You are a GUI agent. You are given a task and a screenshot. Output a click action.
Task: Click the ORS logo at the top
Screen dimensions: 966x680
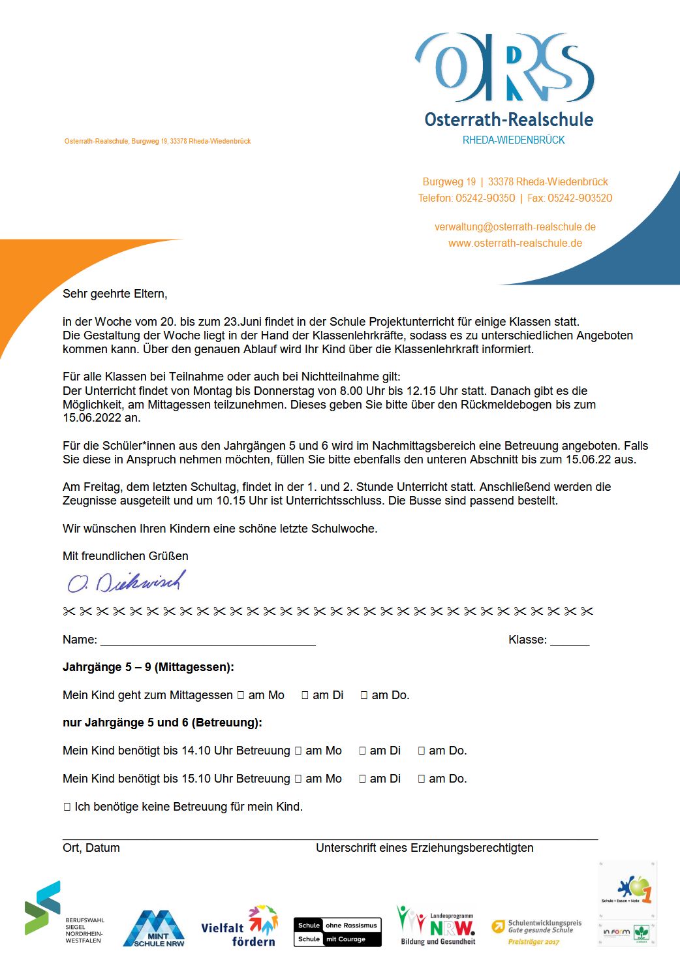point(504,69)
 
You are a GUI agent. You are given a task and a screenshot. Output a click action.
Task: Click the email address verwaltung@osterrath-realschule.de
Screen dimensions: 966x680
point(515,227)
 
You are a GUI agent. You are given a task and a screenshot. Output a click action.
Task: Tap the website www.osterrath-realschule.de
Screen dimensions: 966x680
point(515,243)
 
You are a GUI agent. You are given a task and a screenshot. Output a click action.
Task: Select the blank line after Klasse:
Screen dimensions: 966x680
point(569,640)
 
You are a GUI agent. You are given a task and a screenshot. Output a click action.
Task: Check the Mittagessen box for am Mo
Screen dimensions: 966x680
point(241,696)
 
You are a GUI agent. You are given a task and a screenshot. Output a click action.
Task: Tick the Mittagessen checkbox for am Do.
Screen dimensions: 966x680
point(364,696)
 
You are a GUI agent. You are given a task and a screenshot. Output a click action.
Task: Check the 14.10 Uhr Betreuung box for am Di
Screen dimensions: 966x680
point(362,751)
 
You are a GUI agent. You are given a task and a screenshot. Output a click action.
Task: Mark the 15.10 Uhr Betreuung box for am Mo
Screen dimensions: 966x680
point(298,779)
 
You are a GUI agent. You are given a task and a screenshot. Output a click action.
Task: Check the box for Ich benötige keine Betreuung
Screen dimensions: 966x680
point(67,807)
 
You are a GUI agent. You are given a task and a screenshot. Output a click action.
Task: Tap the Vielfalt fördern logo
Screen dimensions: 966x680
point(239,927)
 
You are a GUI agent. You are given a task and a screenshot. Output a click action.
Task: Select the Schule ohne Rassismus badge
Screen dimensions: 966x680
point(337,932)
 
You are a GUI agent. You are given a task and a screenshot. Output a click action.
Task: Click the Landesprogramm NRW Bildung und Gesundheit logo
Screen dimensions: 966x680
point(437,926)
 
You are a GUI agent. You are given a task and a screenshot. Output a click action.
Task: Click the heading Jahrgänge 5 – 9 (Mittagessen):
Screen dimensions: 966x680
point(148,667)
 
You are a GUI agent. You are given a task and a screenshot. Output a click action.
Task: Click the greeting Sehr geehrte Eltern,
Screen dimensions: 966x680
point(115,294)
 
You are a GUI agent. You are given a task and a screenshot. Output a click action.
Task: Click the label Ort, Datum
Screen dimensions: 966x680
point(91,848)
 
